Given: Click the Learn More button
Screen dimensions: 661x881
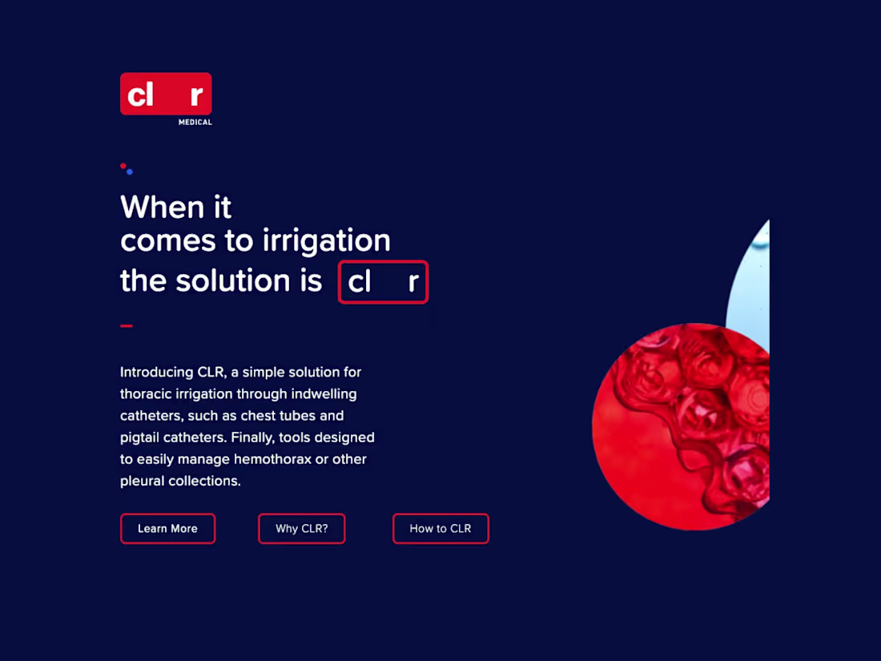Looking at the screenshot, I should click(167, 529).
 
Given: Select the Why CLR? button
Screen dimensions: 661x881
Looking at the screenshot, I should click(301, 529).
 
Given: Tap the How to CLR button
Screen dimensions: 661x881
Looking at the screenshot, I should click(440, 529).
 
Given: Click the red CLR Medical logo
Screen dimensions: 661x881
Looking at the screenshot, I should click(166, 95).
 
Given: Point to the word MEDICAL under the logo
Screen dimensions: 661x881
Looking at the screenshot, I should click(195, 123).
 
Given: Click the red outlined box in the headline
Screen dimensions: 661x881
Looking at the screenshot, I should click(383, 282).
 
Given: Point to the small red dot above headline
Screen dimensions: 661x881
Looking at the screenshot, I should click(123, 166).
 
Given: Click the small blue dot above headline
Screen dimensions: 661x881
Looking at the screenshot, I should click(130, 171).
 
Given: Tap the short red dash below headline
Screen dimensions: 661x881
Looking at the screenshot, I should click(126, 326).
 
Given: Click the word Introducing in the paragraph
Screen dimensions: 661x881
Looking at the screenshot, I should click(156, 373).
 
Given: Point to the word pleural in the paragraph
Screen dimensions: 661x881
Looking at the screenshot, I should click(142, 482).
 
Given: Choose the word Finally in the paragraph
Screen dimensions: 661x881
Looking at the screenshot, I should click(252, 438).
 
